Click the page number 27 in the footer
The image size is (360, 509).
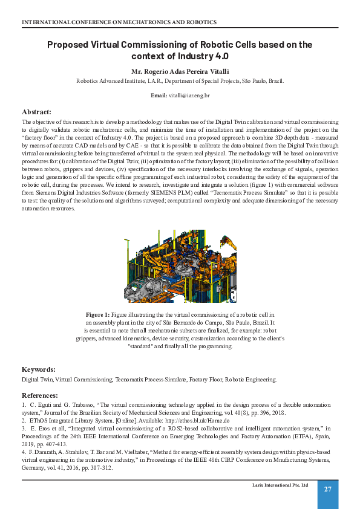tap(328, 489)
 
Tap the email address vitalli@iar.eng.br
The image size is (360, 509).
tap(189, 96)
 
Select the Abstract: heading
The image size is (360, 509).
tap(36, 112)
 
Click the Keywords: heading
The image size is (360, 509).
tap(39, 369)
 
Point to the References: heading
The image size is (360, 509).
tap(40, 395)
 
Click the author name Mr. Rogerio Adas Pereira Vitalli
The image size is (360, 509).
tap(180, 71)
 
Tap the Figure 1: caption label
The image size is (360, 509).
tap(97, 315)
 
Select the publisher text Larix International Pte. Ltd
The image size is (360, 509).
tap(280, 485)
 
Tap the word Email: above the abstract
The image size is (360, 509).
tap(159, 96)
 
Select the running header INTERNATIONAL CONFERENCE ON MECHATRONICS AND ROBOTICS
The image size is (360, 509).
tap(119, 22)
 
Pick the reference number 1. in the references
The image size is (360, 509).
tap(24, 404)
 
